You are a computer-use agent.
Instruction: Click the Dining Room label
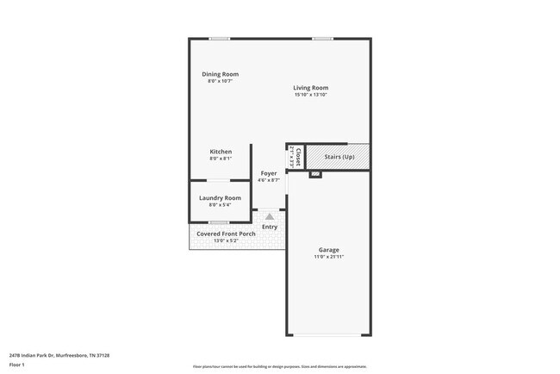click(220, 74)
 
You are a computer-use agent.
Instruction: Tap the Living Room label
click(310, 88)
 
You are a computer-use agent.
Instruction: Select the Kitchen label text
click(221, 152)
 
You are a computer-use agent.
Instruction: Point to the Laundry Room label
click(220, 198)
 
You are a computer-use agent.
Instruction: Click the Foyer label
click(269, 173)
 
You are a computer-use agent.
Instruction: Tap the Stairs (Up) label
click(339, 157)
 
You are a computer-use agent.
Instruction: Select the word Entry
click(270, 227)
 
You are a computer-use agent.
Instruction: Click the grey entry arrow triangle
click(270, 216)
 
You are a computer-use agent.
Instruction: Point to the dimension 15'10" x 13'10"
click(310, 95)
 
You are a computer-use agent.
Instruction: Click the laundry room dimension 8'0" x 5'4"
click(220, 205)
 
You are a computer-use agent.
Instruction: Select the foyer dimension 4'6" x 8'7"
click(269, 180)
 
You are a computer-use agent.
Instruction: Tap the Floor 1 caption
click(17, 365)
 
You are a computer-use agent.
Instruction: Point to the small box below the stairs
click(315, 174)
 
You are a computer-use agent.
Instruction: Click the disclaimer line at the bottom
click(280, 367)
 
